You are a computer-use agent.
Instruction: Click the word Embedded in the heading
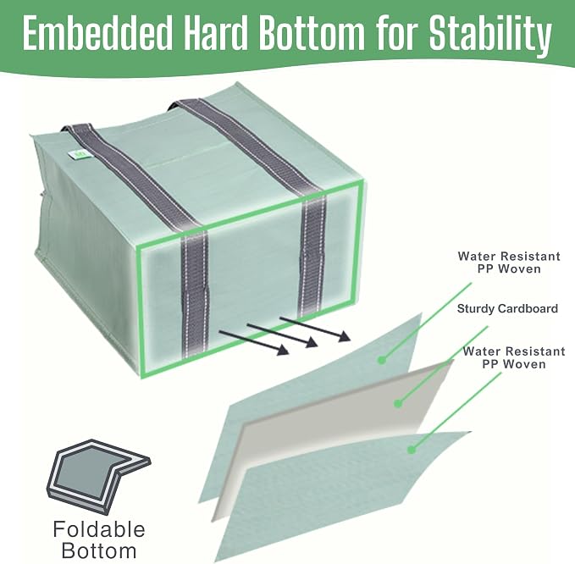[x=97, y=33]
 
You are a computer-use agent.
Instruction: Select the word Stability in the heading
[x=490, y=36]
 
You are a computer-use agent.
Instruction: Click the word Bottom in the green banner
[x=312, y=33]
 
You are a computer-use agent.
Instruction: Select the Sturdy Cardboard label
[x=507, y=309]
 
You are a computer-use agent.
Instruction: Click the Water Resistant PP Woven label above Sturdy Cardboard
[x=509, y=263]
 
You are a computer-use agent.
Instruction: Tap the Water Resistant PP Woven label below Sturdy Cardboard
[x=514, y=357]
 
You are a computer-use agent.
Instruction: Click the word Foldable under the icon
[x=99, y=529]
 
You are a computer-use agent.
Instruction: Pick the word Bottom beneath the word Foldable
[x=99, y=551]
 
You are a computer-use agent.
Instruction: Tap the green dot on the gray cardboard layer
[x=398, y=404]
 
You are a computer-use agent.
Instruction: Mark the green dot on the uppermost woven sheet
[x=382, y=360]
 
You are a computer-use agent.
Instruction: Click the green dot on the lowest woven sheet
[x=412, y=449]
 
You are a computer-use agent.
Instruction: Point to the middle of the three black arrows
[x=282, y=335]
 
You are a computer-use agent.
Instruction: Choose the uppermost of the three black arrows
[x=315, y=329]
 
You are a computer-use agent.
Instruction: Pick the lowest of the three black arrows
[x=254, y=342]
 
